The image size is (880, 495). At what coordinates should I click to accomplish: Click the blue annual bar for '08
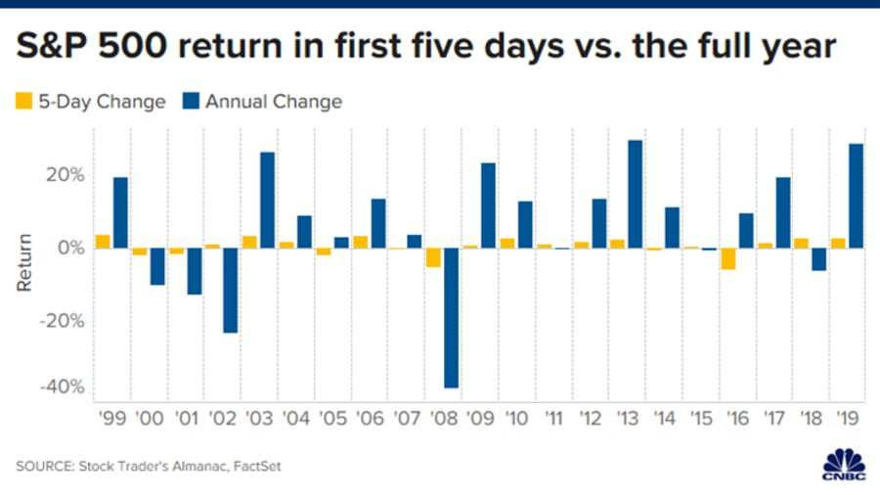(x=451, y=318)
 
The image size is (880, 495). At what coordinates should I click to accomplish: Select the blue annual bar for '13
(x=635, y=194)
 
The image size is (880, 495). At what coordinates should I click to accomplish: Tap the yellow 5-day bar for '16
(x=727, y=258)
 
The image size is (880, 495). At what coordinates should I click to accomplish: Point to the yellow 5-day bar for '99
(x=103, y=242)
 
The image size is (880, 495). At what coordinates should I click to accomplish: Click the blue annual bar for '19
(x=856, y=196)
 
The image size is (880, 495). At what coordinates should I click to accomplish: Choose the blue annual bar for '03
(x=268, y=200)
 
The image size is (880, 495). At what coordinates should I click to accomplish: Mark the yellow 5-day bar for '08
(x=433, y=257)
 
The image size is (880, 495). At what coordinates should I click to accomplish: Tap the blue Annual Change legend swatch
(x=190, y=101)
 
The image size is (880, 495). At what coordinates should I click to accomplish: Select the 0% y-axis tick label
(x=71, y=247)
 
